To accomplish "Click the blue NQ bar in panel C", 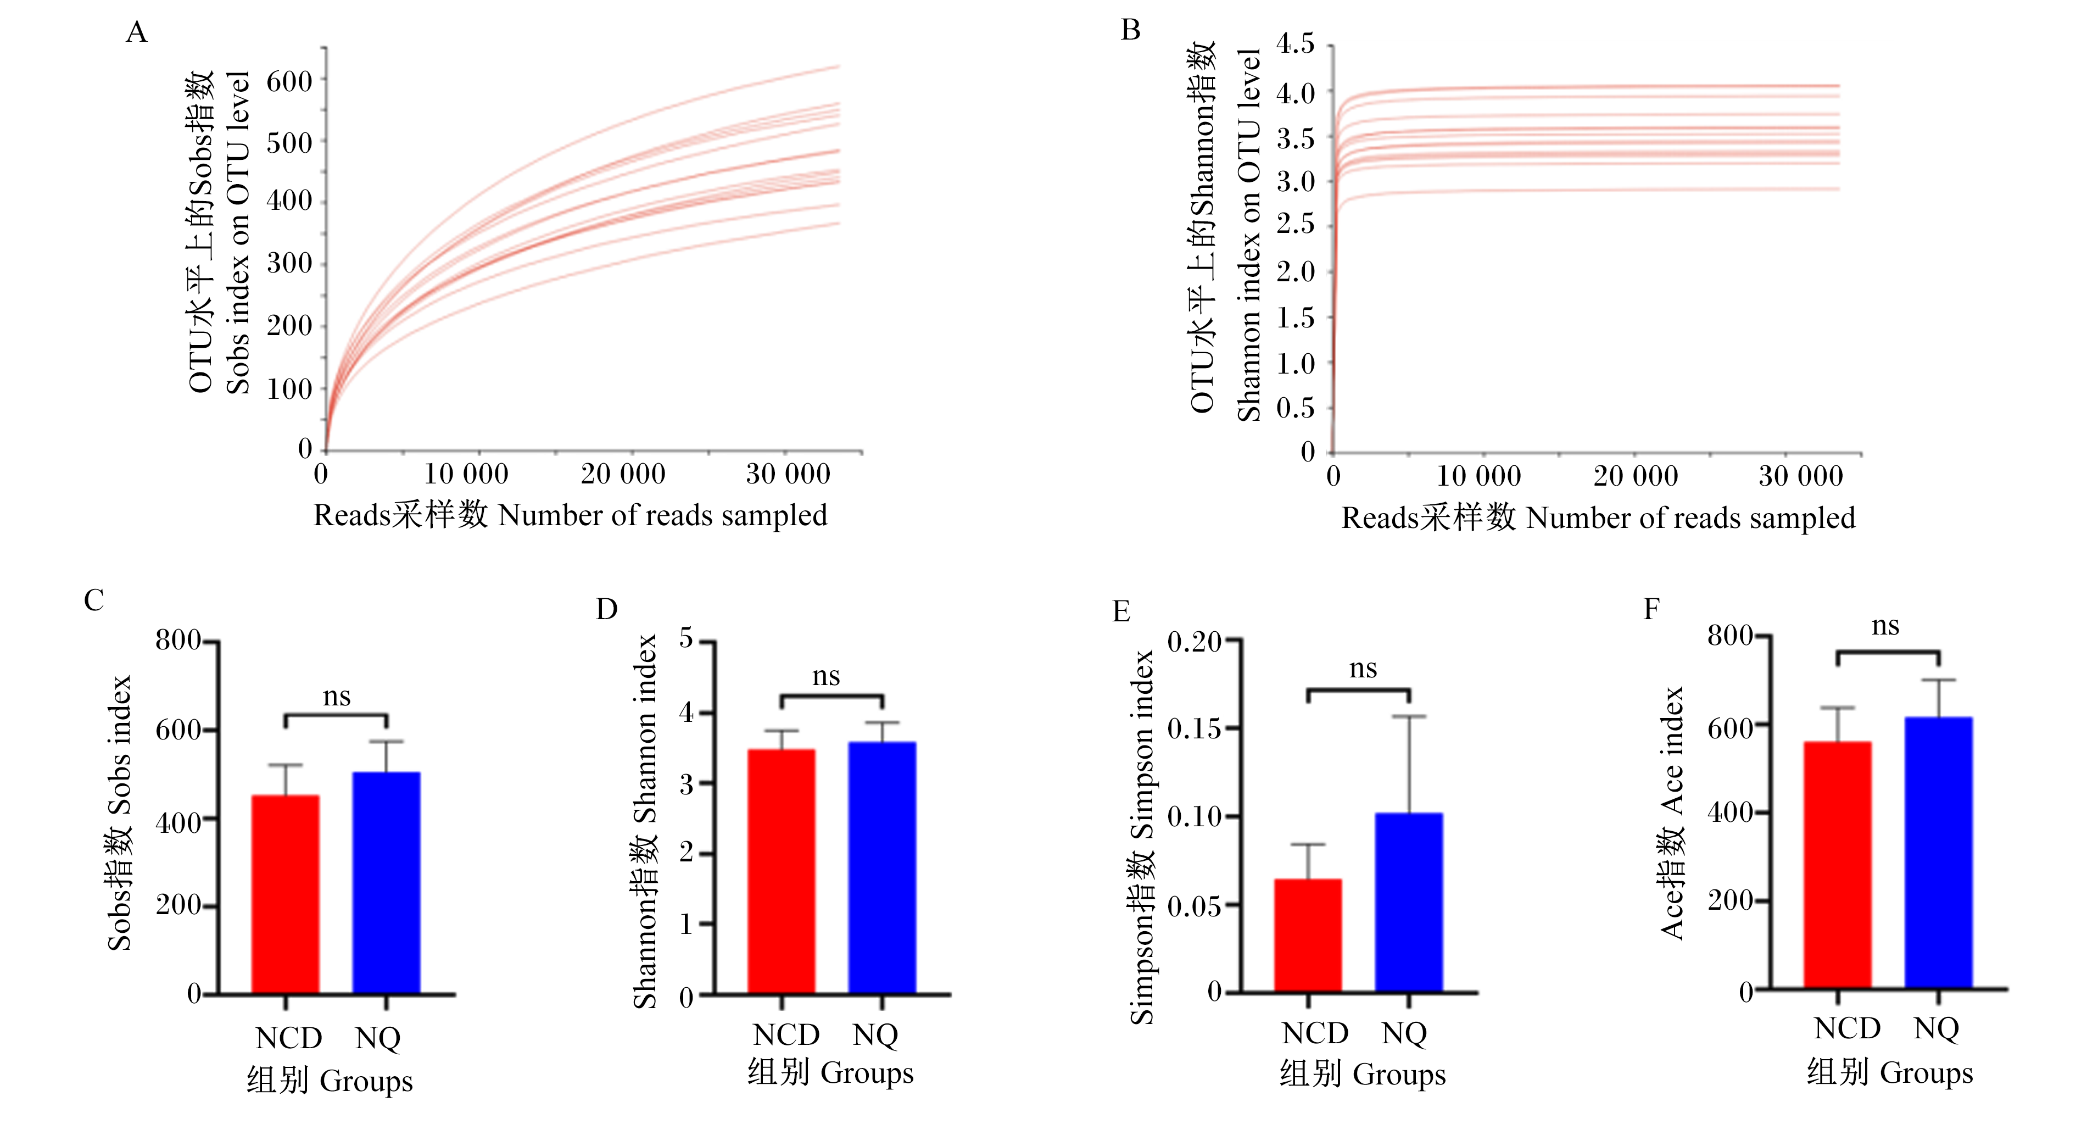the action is pyautogui.click(x=386, y=882).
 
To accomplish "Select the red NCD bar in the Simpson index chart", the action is pyautogui.click(x=1308, y=936).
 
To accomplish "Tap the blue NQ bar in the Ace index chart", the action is pyautogui.click(x=1938, y=852).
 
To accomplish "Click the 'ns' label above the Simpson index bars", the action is pyautogui.click(x=1363, y=669).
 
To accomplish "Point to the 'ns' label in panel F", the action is pyautogui.click(x=1885, y=626).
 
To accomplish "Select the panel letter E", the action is pyautogui.click(x=1120, y=611).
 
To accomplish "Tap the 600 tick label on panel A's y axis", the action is pyautogui.click(x=289, y=81).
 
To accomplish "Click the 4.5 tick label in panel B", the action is pyautogui.click(x=1294, y=43).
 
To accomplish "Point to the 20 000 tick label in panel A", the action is pyautogui.click(x=623, y=474).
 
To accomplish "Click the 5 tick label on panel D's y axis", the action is pyautogui.click(x=687, y=638).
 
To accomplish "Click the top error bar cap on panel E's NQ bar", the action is pyautogui.click(x=1409, y=716).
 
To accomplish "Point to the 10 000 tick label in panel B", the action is pyautogui.click(x=1479, y=476).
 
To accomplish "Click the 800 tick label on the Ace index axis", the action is pyautogui.click(x=1730, y=636).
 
